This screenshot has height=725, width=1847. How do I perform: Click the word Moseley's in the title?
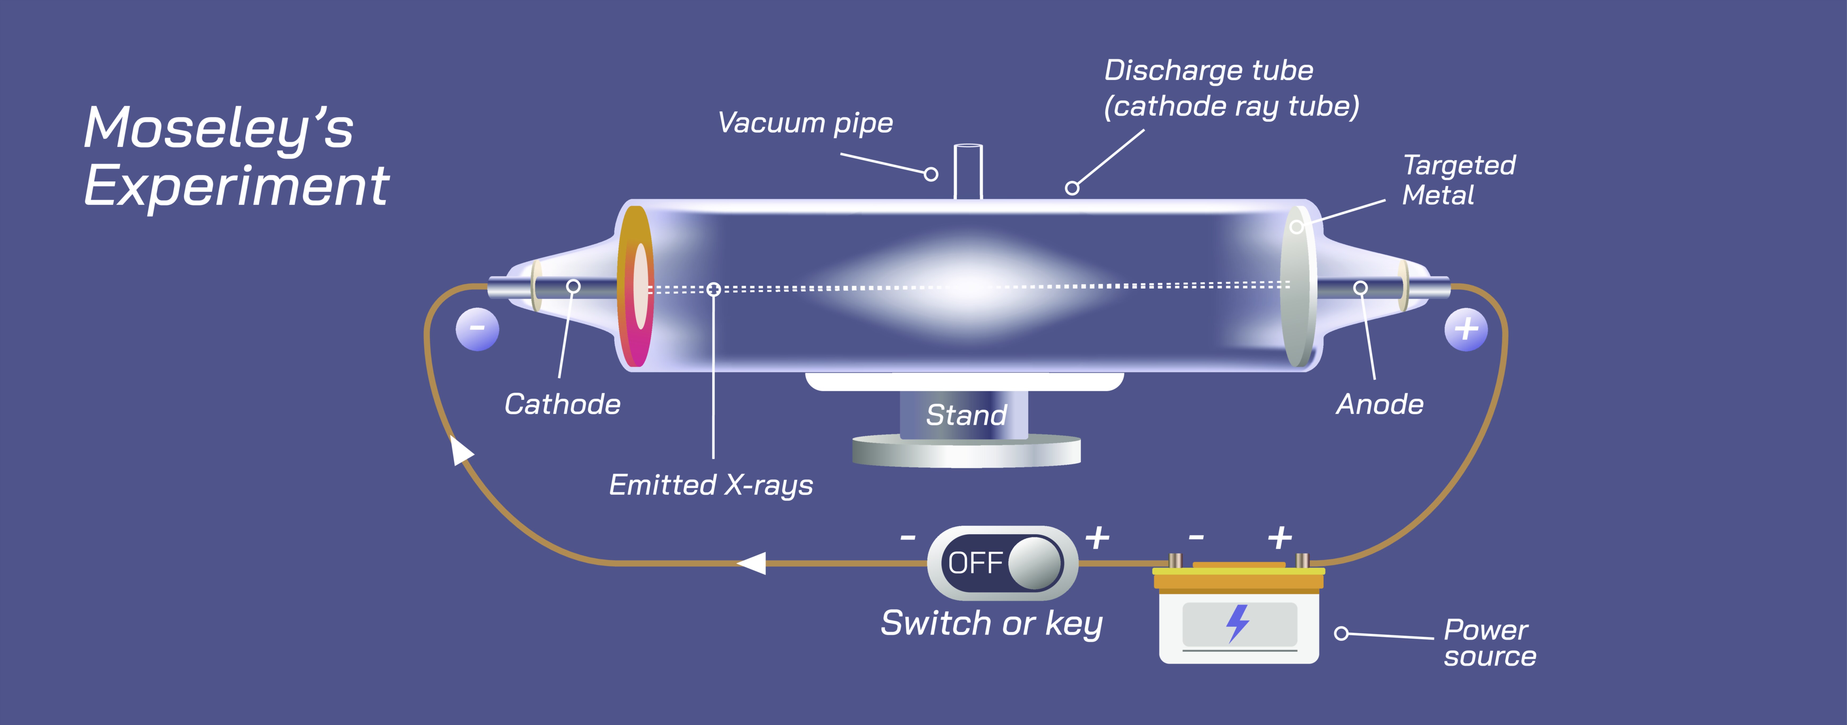click(219, 129)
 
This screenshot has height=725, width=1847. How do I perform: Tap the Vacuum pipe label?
click(805, 123)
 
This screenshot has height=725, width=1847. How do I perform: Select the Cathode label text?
click(562, 404)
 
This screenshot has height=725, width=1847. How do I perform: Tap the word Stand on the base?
click(966, 415)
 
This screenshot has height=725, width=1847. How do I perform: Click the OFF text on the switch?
click(974, 563)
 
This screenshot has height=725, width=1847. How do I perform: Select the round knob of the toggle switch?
click(1035, 563)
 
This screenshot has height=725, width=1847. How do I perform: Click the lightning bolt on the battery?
click(1238, 622)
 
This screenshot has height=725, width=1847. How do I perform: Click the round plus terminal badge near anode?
click(1466, 329)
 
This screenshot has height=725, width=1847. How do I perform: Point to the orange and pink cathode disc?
click(635, 287)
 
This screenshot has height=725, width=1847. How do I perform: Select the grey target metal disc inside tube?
click(1297, 287)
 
